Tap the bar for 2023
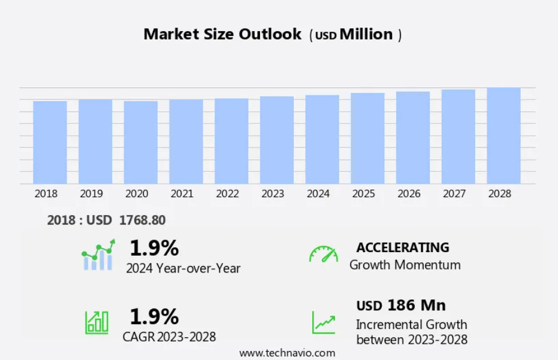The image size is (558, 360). (277, 140)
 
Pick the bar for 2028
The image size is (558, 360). (503, 136)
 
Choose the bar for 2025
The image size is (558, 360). (367, 138)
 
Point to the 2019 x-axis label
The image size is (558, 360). (91, 194)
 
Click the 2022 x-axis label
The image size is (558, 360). (227, 194)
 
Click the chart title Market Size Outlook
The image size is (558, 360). (222, 34)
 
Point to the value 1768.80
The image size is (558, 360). (143, 220)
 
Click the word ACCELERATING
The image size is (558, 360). (403, 247)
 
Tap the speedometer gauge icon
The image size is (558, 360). (324, 254)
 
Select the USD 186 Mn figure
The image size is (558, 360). (401, 305)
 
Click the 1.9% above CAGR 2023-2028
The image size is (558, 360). (154, 316)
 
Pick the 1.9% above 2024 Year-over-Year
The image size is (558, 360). (154, 247)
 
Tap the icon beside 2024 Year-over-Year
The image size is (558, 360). (98, 255)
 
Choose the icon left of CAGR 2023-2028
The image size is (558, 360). (96, 322)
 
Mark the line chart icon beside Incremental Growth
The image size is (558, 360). (324, 322)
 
